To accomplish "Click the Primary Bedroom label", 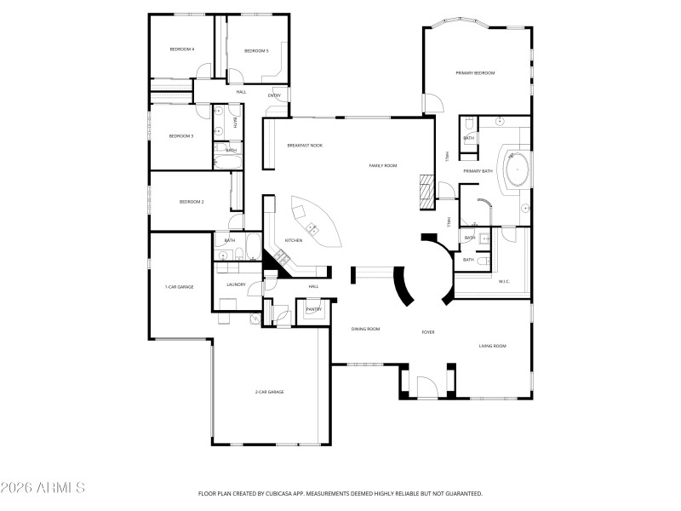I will click(x=475, y=73).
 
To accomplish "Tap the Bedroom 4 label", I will click(x=181, y=49).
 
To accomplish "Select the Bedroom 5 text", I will click(x=256, y=51).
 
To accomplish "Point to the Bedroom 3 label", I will click(x=180, y=136).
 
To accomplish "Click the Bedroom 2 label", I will click(x=191, y=202).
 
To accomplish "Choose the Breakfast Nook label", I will click(x=304, y=146).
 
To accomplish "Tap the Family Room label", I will click(x=382, y=165).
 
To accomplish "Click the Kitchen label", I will click(x=294, y=240).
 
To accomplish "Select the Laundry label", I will click(x=236, y=284).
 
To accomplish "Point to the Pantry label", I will click(x=313, y=309).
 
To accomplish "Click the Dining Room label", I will click(x=365, y=329).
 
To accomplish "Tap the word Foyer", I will click(x=428, y=331).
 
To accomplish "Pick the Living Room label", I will click(x=492, y=346).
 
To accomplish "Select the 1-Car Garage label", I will click(x=179, y=287).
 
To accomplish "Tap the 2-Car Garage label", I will click(x=269, y=392).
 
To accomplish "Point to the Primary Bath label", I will click(x=478, y=171).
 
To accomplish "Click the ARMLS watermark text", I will click(x=43, y=488).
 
